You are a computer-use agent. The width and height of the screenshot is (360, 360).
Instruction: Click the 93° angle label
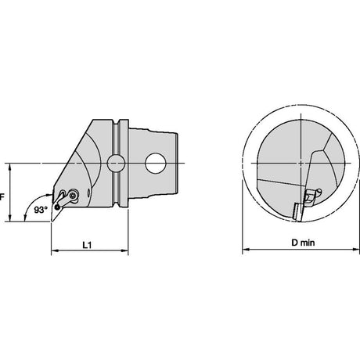click(x=41, y=210)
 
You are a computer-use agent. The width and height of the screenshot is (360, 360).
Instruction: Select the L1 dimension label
click(x=87, y=245)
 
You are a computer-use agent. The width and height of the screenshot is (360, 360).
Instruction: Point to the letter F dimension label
click(x=2, y=197)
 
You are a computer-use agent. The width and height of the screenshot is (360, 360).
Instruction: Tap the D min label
click(x=303, y=243)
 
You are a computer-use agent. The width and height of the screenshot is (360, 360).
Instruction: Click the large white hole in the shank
click(x=156, y=163)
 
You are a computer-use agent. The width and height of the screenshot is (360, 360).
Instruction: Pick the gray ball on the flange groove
click(x=116, y=163)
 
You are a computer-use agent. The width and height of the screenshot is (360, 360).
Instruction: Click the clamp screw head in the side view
click(x=74, y=195)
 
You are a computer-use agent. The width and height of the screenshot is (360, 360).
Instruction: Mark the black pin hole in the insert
click(x=57, y=207)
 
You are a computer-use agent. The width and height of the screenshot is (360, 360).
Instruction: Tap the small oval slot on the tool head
click(x=88, y=193)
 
